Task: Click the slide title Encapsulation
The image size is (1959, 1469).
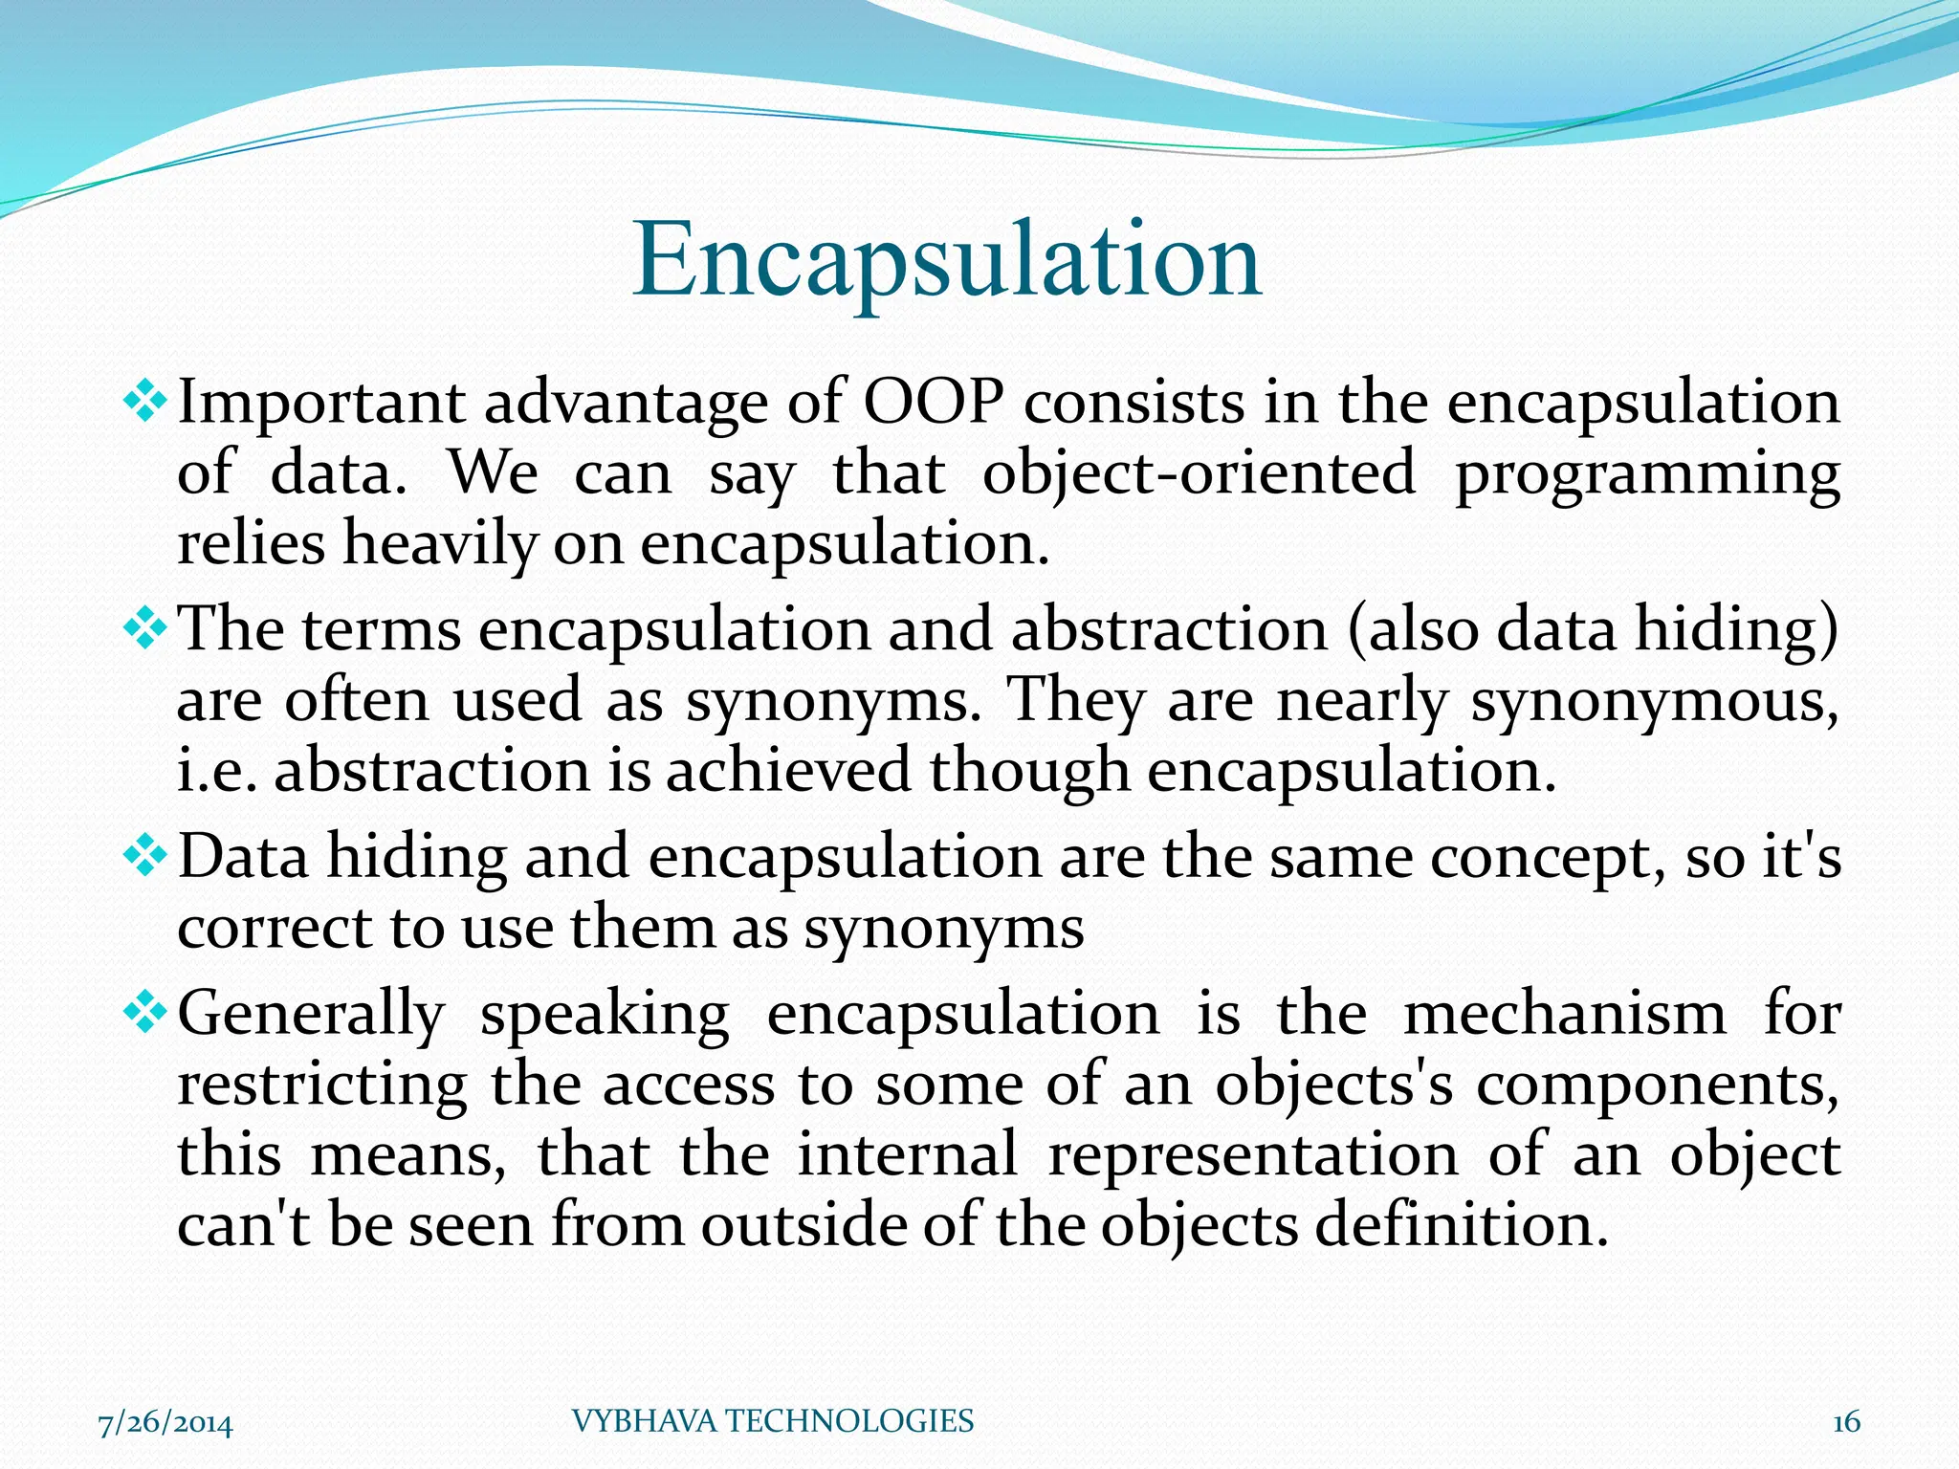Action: coord(947,260)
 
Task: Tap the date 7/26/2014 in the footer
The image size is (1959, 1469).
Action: coord(165,1423)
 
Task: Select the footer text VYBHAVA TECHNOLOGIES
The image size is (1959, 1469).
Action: coord(772,1421)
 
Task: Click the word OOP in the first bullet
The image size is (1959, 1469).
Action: coord(934,402)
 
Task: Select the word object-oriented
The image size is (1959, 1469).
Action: coord(1199,472)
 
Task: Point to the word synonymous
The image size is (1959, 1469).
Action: coord(1653,701)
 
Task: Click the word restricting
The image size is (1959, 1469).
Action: coord(322,1085)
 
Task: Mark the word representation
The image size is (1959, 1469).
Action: coord(1253,1155)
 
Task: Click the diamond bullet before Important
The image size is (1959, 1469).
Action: coord(145,401)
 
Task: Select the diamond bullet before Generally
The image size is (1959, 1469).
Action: coord(145,1012)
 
